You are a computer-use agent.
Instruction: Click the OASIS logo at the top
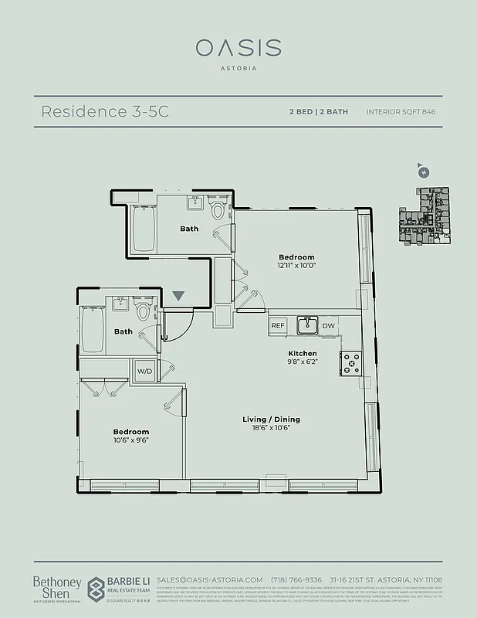[238, 48]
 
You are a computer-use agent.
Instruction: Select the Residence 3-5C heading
[104, 111]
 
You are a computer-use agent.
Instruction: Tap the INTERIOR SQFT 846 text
[401, 111]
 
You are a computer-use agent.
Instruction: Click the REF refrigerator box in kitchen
[278, 326]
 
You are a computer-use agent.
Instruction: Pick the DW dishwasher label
[328, 326]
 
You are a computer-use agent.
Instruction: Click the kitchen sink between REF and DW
[306, 325]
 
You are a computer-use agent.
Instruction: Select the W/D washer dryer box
[144, 371]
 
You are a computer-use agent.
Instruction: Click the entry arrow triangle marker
[179, 296]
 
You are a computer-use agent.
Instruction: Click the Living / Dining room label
[271, 419]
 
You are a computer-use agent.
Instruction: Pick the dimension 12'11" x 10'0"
[296, 265]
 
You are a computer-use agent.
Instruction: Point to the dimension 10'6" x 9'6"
[130, 440]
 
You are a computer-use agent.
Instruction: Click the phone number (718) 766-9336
[296, 579]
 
